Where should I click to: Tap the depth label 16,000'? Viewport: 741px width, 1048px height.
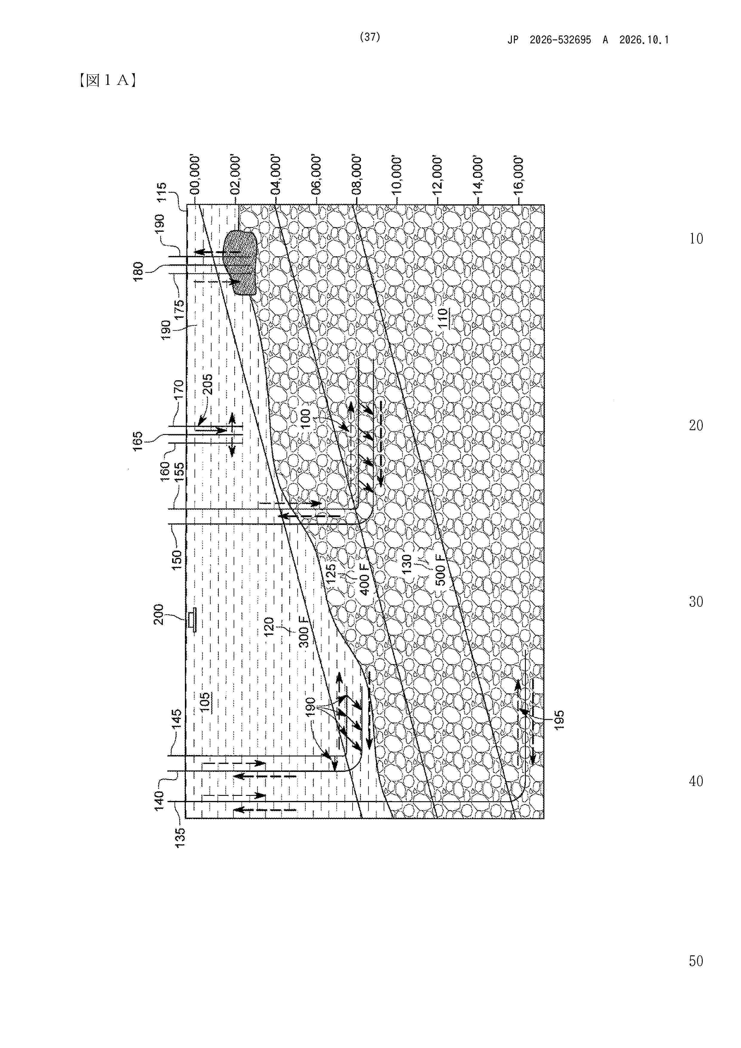click(518, 174)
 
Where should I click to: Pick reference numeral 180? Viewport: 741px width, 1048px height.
click(138, 272)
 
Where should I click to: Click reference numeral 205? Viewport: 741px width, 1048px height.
click(207, 384)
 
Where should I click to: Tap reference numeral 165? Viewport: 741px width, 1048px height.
click(138, 441)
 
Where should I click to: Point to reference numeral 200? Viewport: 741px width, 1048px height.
click(158, 615)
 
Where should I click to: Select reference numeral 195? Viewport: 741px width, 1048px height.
click(559, 720)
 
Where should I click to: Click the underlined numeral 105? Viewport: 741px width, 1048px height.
click(205, 702)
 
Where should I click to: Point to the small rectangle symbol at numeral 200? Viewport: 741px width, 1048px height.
click(193, 619)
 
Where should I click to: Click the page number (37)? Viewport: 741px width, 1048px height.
click(370, 37)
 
